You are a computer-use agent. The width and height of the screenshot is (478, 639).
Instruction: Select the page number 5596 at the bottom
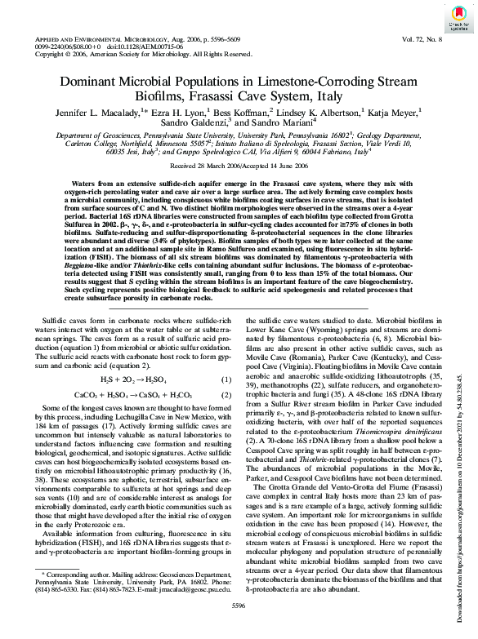239,604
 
